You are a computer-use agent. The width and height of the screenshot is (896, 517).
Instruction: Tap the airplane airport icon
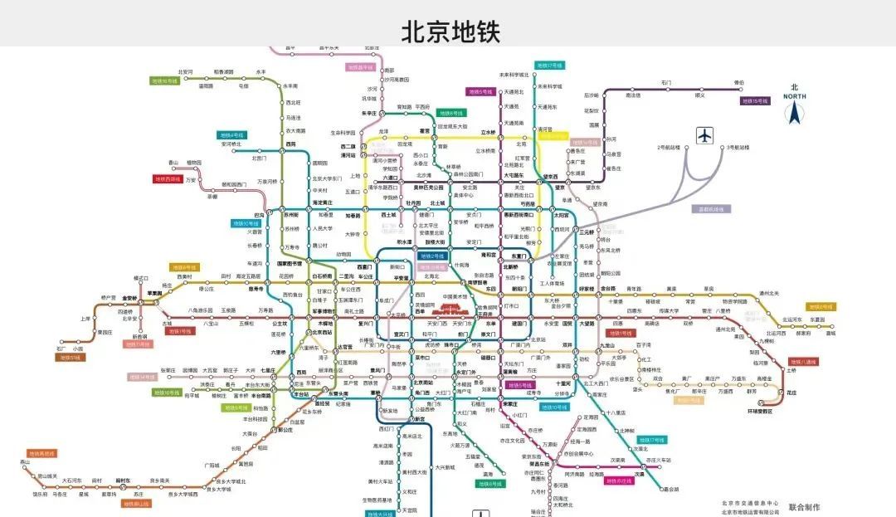pyautogui.click(x=706, y=134)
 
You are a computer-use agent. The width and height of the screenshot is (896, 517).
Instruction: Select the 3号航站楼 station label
pyautogui.click(x=738, y=147)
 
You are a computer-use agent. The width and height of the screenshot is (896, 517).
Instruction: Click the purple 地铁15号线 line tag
pyautogui.click(x=756, y=101)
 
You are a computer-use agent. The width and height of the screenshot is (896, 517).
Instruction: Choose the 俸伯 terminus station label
pyautogui.click(x=738, y=83)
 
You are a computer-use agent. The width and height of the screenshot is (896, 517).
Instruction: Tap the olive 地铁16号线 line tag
pyautogui.click(x=164, y=81)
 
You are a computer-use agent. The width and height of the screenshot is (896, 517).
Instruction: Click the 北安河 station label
pyautogui.click(x=185, y=72)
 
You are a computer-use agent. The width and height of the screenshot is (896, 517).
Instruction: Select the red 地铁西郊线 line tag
pyautogui.click(x=167, y=178)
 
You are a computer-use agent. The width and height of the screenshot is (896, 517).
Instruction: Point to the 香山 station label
pyautogui.click(x=173, y=162)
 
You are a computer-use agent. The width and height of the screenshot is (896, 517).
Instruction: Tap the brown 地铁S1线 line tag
pyautogui.click(x=71, y=358)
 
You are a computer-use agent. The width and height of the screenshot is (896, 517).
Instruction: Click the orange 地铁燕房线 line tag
pyautogui.click(x=41, y=454)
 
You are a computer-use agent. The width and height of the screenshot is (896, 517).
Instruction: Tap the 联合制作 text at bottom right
pyautogui.click(x=804, y=506)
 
